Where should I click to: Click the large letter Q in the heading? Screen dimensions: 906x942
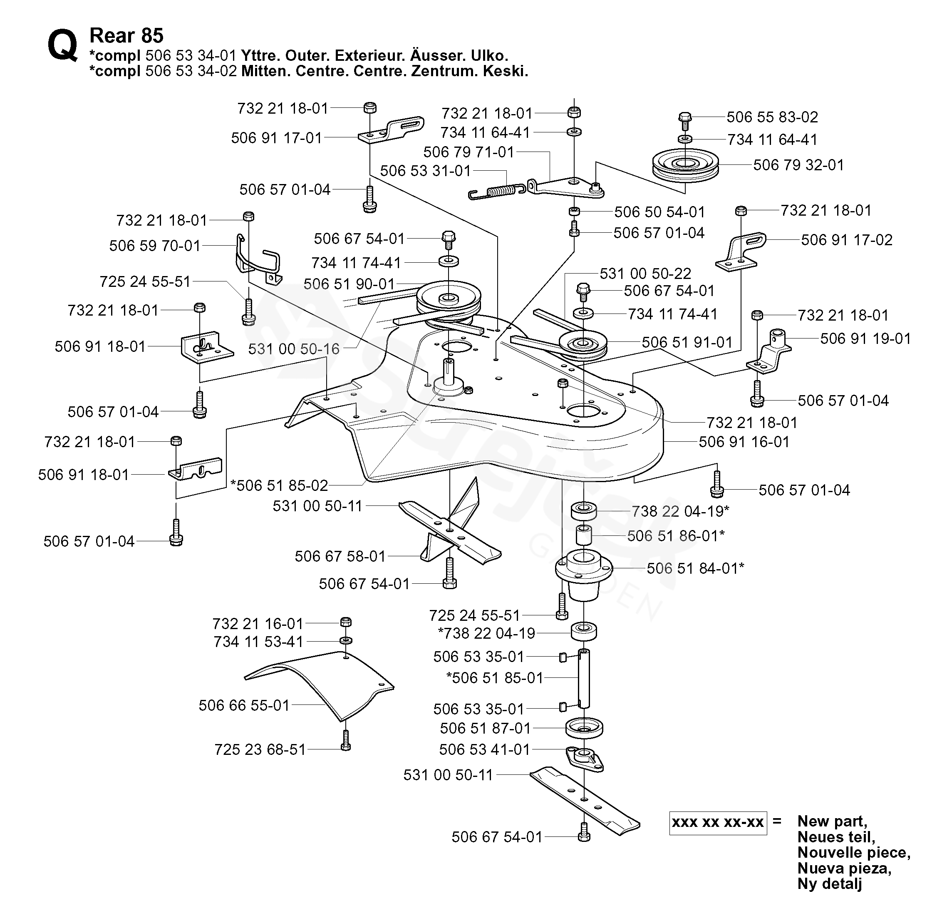[62, 45]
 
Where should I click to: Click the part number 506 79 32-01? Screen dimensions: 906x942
[798, 165]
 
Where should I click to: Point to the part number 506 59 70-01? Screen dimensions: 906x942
[154, 246]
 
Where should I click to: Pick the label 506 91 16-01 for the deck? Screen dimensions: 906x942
[744, 442]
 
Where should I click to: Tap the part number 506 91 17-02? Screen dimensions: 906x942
[846, 240]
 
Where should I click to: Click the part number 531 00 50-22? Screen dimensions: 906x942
[645, 274]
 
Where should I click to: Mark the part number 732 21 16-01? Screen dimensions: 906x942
[258, 624]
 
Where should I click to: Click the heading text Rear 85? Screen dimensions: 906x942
[126, 35]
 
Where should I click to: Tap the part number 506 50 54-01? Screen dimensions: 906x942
[659, 212]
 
